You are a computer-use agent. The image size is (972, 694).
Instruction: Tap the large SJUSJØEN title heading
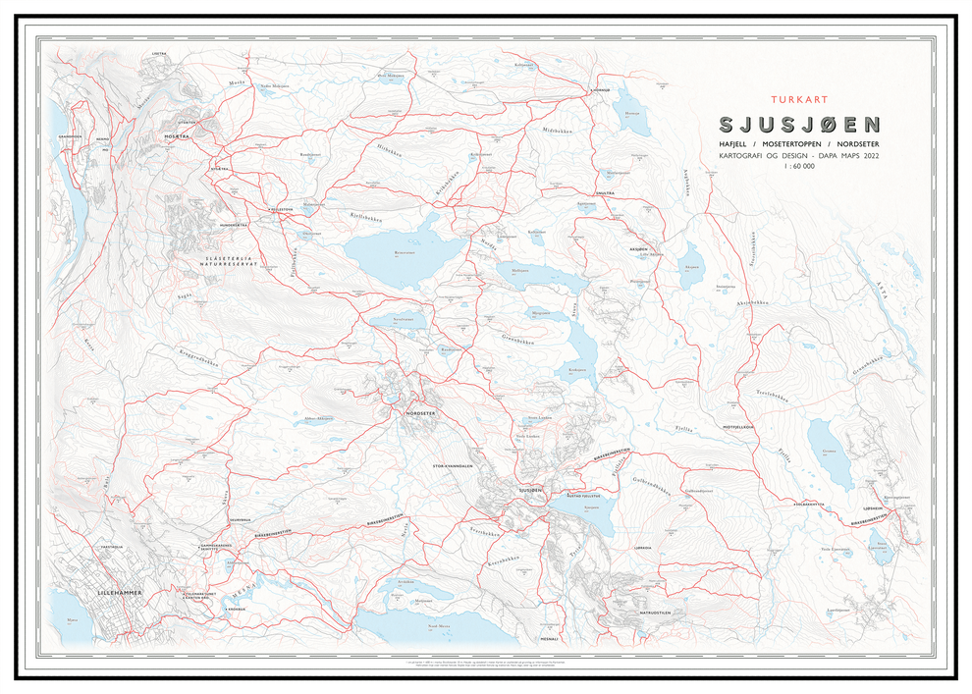(x=799, y=126)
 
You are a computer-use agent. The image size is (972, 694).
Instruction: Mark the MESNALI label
(x=547, y=638)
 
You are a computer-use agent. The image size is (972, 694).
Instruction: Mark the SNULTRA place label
(x=604, y=194)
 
